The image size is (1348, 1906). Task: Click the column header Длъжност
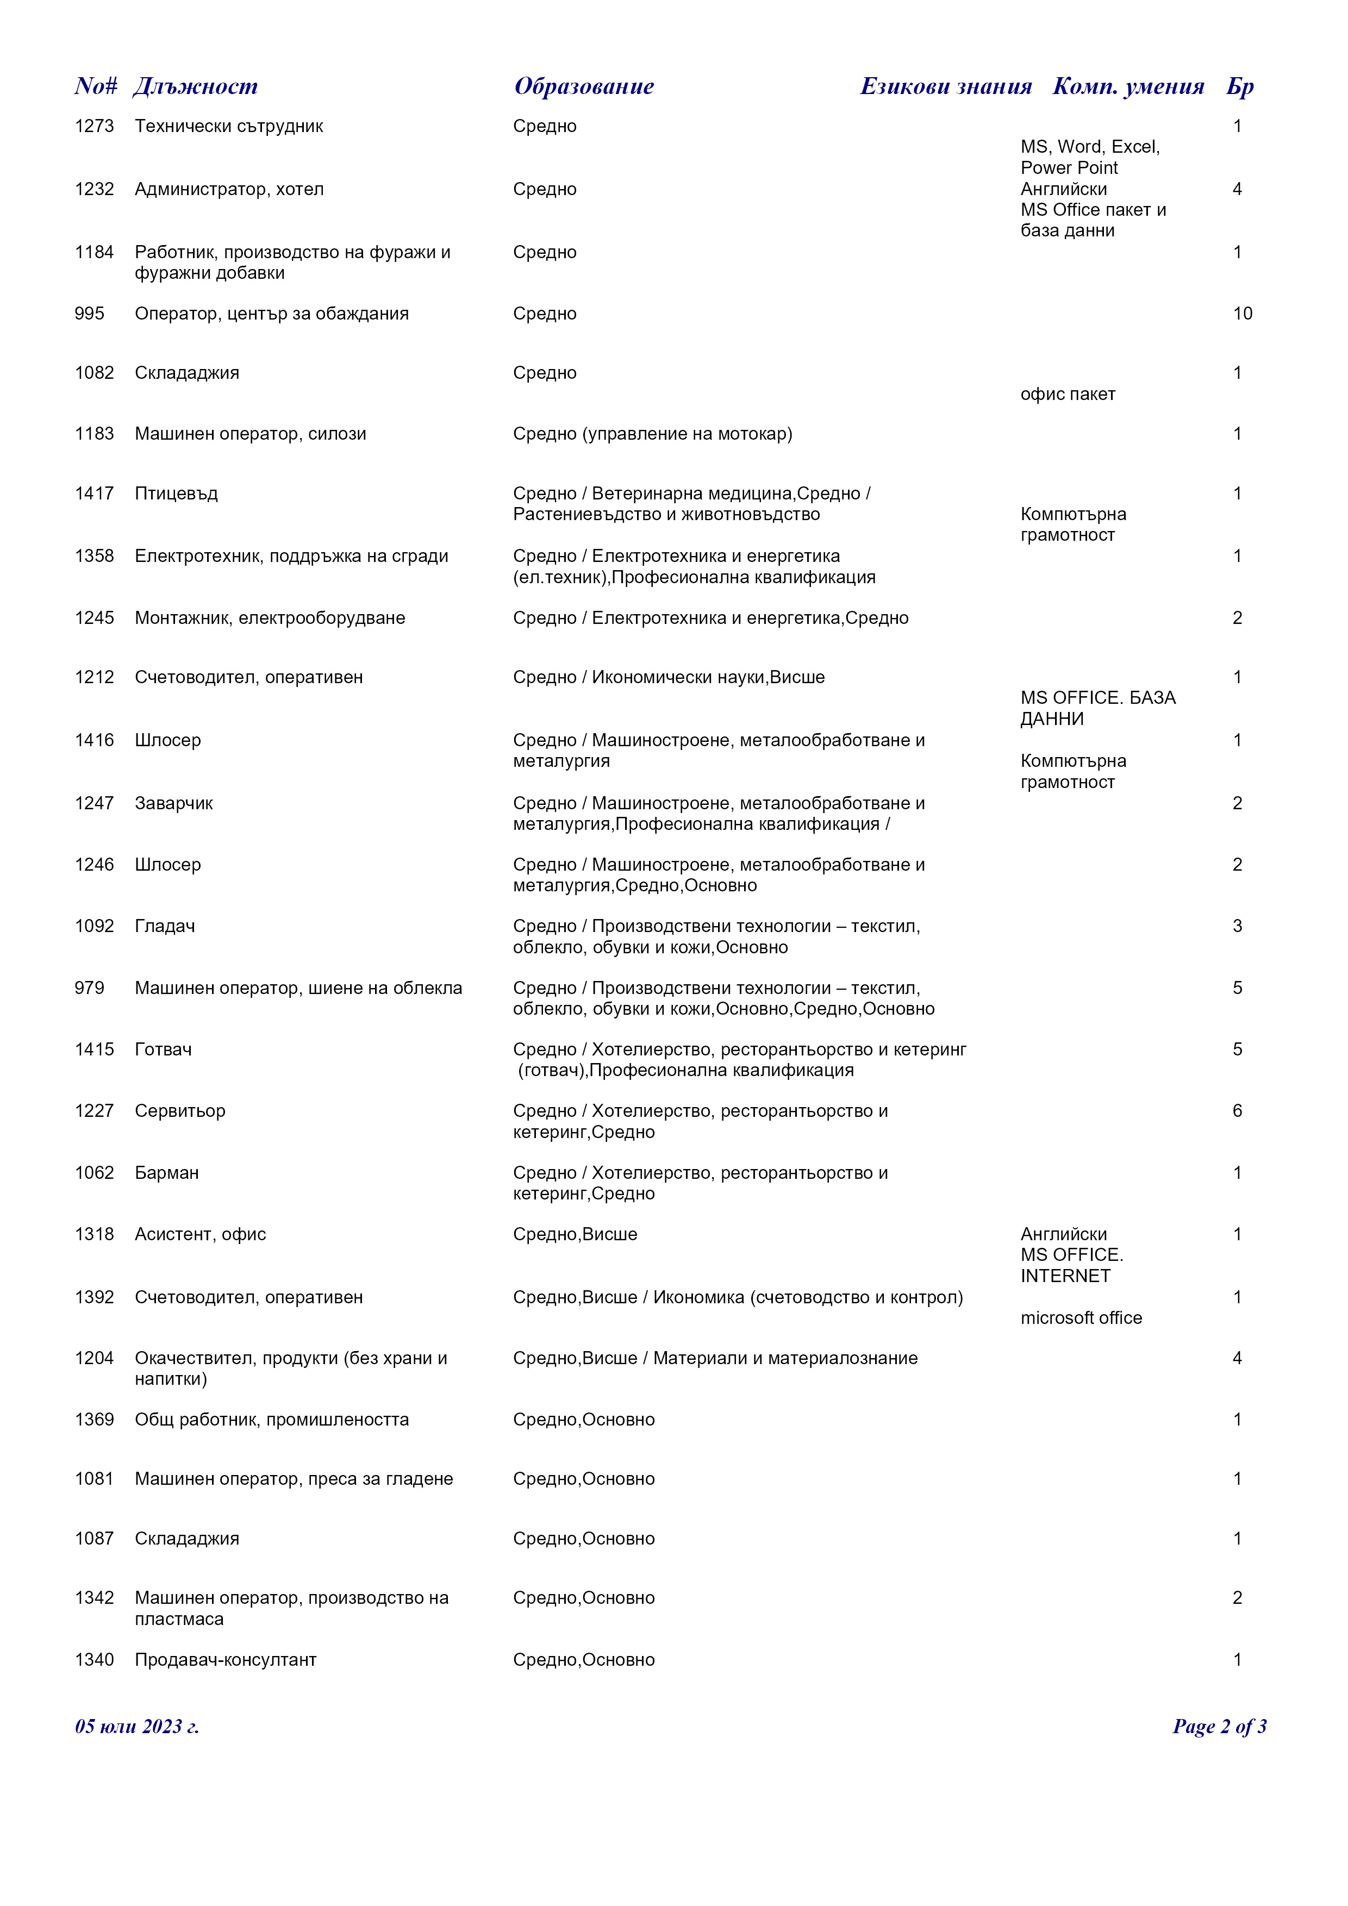pos(196,86)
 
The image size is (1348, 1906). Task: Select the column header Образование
pos(584,86)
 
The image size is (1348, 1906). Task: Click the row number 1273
pos(94,126)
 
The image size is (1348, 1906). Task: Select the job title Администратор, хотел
pos(229,189)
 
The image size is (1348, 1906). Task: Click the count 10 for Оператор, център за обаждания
pos(1242,314)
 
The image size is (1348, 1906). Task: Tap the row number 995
pos(90,314)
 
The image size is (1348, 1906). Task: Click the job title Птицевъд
pos(176,494)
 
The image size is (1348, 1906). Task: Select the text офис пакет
pos(1068,395)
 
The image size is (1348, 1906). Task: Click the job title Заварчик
pos(173,804)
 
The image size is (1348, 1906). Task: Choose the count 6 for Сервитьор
pos(1237,1111)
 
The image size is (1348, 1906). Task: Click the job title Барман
pos(167,1173)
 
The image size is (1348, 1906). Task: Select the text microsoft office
pos(1081,1318)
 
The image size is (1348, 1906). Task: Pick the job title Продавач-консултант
pos(226,1660)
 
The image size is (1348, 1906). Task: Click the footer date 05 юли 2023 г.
pos(137,1727)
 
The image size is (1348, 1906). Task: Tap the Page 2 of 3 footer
pos(1219,1727)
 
